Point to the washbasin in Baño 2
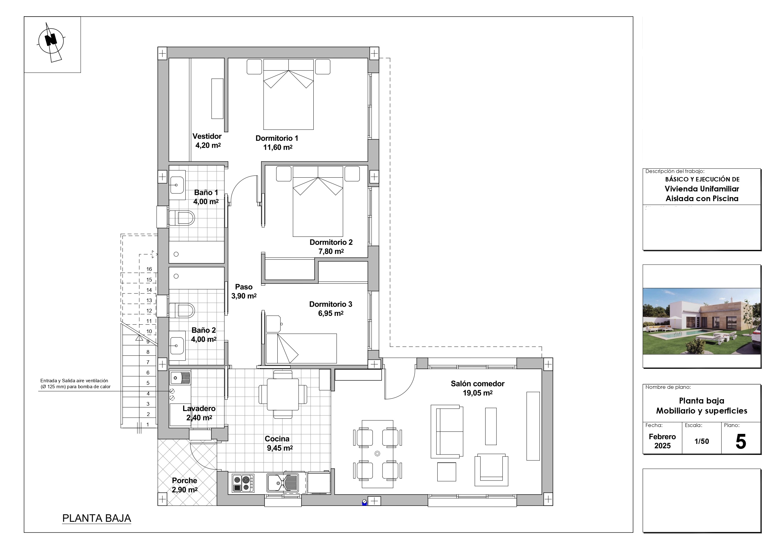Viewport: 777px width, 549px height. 177,346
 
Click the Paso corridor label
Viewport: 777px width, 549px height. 244,287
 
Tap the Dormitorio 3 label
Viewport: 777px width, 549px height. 331,304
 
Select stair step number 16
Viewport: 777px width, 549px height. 149,269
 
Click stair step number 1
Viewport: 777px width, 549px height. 147,424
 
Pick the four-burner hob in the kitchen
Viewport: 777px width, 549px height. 243,483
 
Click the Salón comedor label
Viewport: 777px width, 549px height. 477,384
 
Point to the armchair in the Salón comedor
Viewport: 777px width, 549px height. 491,470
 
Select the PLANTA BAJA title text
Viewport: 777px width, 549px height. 97,518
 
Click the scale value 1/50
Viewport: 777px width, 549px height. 702,441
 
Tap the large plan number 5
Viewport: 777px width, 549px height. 741,441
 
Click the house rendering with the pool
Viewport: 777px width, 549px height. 702,321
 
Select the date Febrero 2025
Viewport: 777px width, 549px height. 662,441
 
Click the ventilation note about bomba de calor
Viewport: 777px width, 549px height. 75,384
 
